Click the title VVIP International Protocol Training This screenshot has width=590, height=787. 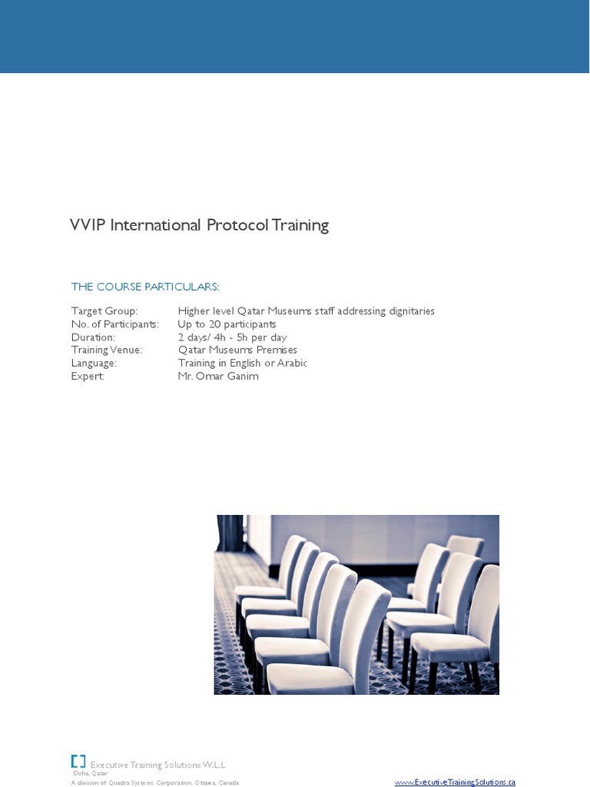click(199, 225)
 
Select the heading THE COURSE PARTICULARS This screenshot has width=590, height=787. click(145, 287)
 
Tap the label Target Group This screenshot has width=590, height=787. click(104, 311)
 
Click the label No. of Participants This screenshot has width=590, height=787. click(115, 324)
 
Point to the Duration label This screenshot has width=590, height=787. click(93, 337)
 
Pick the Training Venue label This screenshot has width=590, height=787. click(107, 350)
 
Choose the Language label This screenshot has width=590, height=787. click(94, 363)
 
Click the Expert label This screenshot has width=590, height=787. click(88, 376)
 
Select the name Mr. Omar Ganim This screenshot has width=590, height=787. click(218, 376)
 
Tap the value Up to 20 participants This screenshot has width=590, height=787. click(227, 324)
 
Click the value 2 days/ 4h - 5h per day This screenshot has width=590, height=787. click(232, 337)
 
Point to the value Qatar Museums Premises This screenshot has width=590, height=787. click(237, 350)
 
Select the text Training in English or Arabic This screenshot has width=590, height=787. click(242, 363)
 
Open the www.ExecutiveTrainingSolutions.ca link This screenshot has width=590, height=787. click(455, 782)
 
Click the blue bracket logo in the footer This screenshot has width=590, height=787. click(78, 761)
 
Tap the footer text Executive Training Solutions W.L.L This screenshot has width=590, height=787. click(157, 765)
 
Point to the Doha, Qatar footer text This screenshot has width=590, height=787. click(91, 774)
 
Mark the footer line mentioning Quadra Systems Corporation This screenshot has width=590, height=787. click(155, 782)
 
